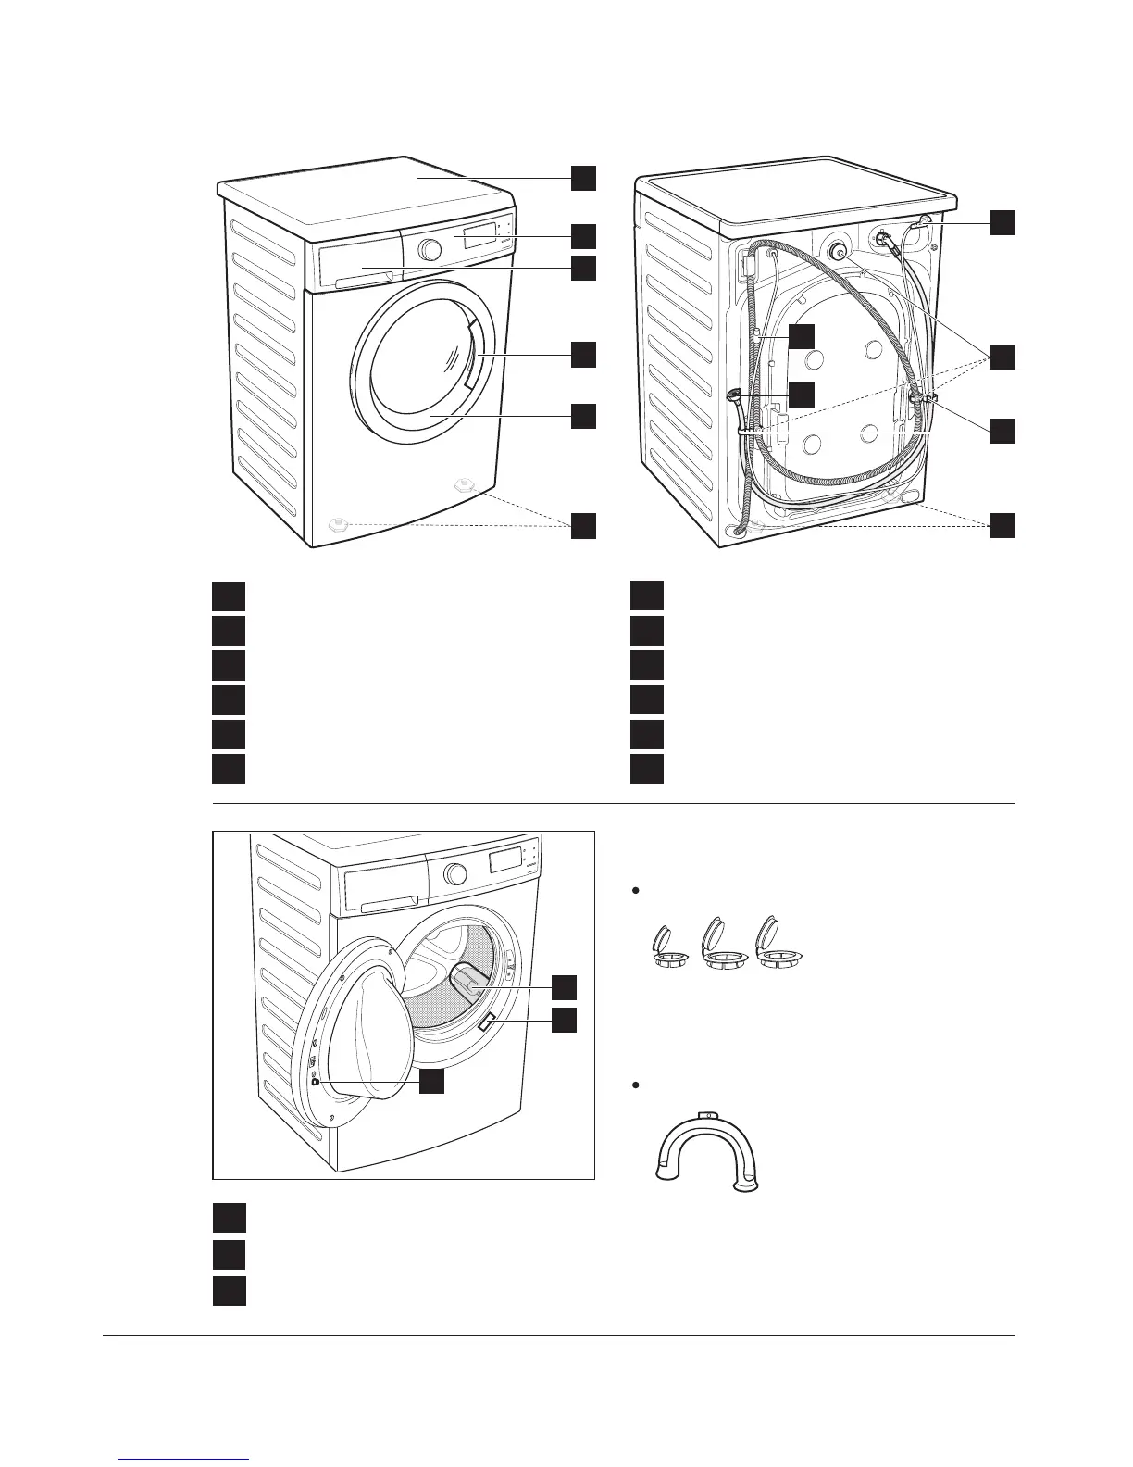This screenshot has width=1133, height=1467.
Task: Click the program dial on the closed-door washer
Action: (x=429, y=249)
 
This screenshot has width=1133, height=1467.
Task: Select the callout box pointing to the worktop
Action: (x=582, y=178)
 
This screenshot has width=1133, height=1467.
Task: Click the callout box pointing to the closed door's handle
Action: (x=582, y=355)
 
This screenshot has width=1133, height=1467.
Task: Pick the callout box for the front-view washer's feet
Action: (x=582, y=525)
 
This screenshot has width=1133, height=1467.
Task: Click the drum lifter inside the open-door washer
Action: (x=471, y=983)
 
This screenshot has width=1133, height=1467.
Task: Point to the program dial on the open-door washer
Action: (x=454, y=873)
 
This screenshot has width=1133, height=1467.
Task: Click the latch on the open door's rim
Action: (x=316, y=1081)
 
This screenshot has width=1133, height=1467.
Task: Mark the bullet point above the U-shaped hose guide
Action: (x=635, y=1085)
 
